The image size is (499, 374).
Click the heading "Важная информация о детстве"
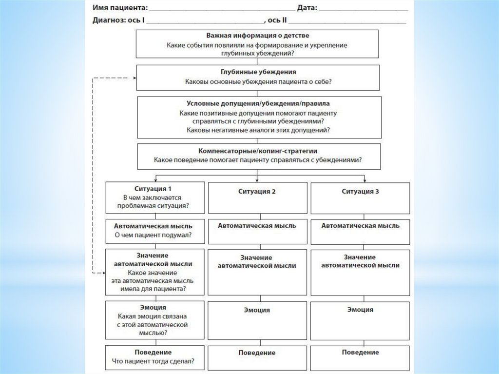click(x=257, y=36)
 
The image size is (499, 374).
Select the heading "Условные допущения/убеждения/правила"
click(x=258, y=103)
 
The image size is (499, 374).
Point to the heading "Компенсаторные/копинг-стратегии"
click(x=258, y=151)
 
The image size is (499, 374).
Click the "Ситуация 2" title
click(x=257, y=192)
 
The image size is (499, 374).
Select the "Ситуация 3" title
click(x=361, y=192)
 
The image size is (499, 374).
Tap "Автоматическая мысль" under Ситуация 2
click(x=257, y=226)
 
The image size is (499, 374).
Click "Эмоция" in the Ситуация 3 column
click(x=361, y=310)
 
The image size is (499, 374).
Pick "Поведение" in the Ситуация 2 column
click(x=257, y=353)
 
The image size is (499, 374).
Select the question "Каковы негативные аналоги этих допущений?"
click(x=258, y=130)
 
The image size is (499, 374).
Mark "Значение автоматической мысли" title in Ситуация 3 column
click(x=361, y=261)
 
